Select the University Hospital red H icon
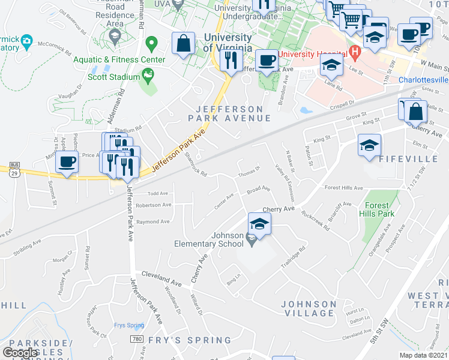355,52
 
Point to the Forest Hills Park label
376,209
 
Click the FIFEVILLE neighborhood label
409,158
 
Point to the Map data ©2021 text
423,355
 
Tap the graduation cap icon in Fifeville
370,145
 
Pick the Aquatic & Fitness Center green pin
151,44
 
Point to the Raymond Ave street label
152,221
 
